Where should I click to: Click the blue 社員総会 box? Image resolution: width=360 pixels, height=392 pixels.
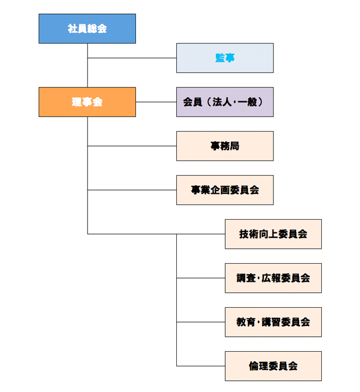(87, 28)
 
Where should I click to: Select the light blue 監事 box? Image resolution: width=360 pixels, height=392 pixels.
(225, 58)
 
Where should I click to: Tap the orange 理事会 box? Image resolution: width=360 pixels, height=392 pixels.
(87, 102)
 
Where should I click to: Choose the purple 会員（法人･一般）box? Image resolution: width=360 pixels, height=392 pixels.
(225, 102)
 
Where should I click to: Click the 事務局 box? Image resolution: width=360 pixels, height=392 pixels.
(225, 146)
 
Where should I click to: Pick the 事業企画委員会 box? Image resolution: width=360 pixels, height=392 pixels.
(225, 190)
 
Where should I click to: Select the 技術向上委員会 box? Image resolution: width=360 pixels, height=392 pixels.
(273, 234)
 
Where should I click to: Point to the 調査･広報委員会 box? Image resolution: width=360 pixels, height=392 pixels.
(273, 278)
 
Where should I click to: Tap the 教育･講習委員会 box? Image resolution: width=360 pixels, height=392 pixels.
(273, 322)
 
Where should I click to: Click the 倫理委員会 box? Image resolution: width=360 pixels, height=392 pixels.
(273, 366)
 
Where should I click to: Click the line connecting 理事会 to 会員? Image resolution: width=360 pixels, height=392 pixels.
(156, 102)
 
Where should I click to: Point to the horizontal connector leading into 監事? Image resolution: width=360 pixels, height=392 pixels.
(132, 57)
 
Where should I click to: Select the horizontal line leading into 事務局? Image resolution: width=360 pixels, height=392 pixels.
(132, 146)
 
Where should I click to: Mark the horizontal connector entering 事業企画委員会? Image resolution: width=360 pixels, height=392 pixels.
(132, 190)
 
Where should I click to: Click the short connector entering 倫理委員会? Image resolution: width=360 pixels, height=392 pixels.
(200, 366)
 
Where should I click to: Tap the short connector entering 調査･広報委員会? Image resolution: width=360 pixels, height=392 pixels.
(200, 278)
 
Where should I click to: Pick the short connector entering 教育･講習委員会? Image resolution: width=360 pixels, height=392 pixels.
(200, 322)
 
